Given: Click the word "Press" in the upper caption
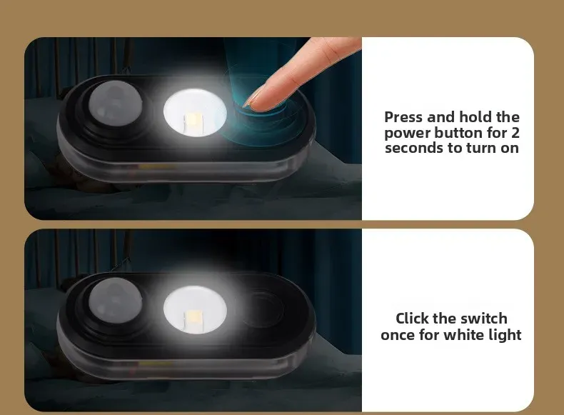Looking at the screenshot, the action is tap(403, 117).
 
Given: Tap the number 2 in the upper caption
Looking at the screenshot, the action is tap(515, 133).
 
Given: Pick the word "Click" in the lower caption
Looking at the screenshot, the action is tap(412, 319).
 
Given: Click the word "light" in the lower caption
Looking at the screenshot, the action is tap(503, 335).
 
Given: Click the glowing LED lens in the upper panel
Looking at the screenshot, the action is tap(195, 112).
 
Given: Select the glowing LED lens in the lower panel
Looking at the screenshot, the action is tap(195, 310).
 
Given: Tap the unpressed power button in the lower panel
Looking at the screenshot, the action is tap(263, 309).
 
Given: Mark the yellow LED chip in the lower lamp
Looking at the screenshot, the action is tap(193, 319).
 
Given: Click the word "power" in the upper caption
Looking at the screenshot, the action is tap(408, 134).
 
